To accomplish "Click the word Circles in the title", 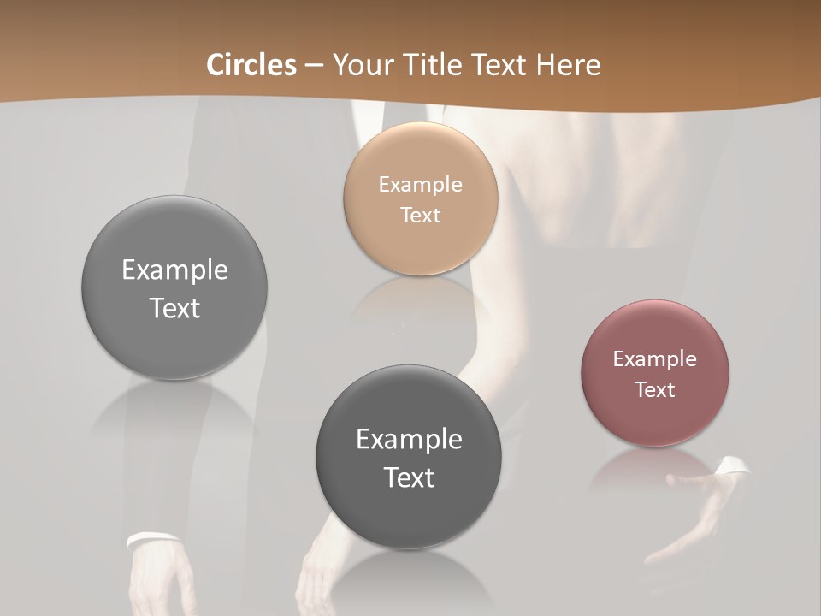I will (x=251, y=65).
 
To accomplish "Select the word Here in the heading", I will (x=570, y=65).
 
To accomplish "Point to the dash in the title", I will (x=313, y=66).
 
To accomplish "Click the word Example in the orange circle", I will (x=421, y=184).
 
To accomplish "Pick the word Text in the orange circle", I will (x=421, y=215).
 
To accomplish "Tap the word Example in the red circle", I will (x=655, y=358).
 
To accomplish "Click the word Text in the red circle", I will (x=655, y=389).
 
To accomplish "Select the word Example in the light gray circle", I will (x=174, y=269).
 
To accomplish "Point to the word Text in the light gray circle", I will (x=174, y=308).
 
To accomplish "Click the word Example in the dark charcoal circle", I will (x=409, y=439).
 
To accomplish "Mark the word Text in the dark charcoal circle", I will (x=409, y=477).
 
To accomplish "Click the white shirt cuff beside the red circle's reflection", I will (x=732, y=466).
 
